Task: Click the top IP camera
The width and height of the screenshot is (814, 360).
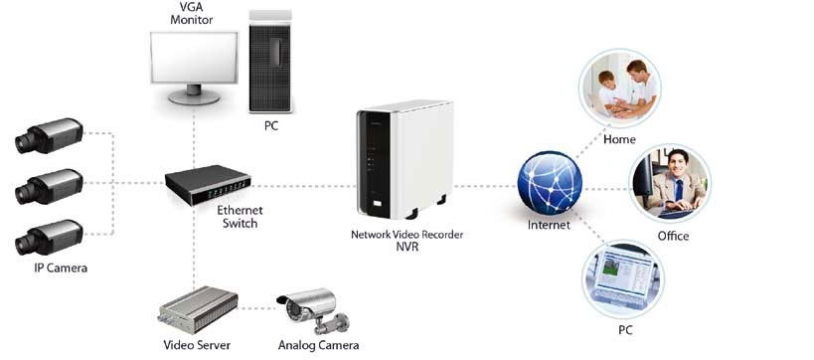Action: [49, 137]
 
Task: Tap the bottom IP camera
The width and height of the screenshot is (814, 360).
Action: [49, 239]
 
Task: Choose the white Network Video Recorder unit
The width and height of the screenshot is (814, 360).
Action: [403, 164]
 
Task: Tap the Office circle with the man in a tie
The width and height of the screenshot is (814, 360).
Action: [672, 184]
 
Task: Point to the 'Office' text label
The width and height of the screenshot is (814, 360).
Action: [673, 236]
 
